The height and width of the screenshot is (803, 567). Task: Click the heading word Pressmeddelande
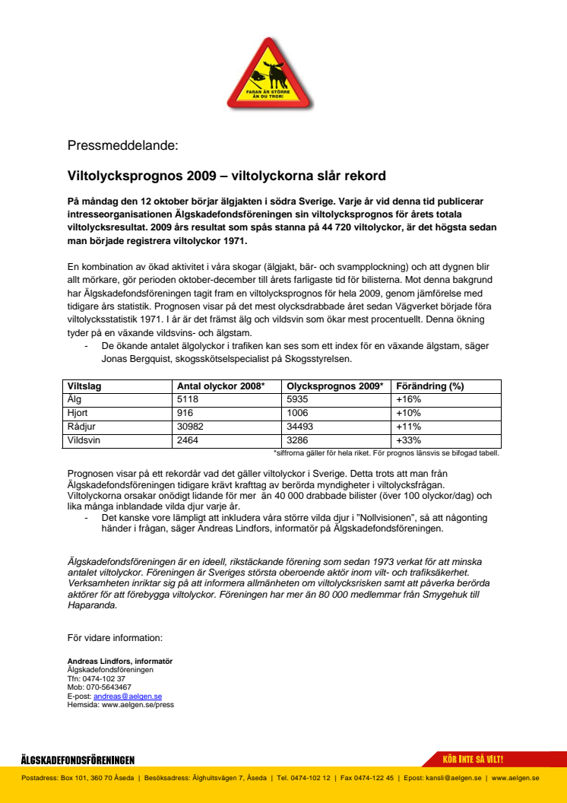coord(122,145)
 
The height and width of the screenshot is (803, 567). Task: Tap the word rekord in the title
coord(364,176)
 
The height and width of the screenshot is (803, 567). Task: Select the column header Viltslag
coord(84,386)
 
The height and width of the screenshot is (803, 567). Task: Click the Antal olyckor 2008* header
coord(220,386)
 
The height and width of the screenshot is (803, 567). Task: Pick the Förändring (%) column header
coord(430,386)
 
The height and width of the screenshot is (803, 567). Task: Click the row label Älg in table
coord(75,399)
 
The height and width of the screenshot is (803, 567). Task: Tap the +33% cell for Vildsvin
coord(409,440)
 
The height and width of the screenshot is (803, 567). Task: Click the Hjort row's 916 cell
coord(186,413)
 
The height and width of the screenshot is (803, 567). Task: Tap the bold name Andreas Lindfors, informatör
coord(120,662)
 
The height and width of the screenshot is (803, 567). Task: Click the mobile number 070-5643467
coord(107,687)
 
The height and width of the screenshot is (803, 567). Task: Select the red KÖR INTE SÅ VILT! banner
coord(473,760)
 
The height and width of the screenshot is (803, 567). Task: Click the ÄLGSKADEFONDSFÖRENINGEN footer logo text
coord(78,760)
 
